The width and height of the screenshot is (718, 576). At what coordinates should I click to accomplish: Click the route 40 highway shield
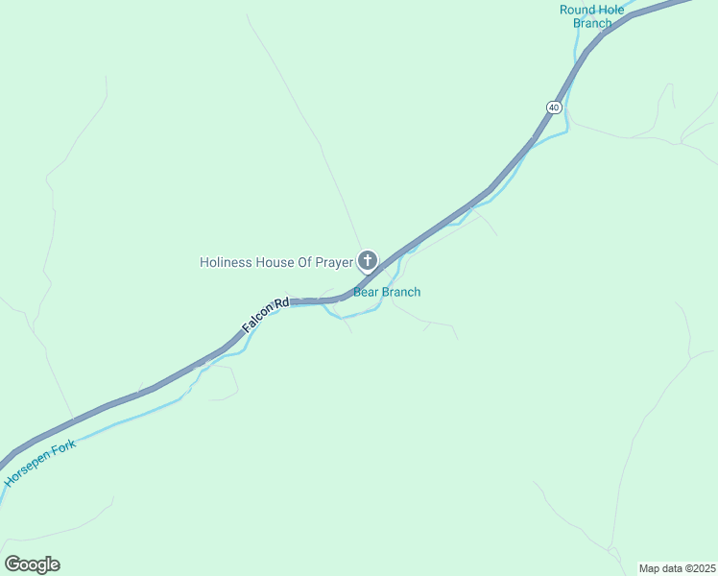click(x=554, y=107)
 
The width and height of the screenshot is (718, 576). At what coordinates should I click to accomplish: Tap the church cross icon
click(x=367, y=260)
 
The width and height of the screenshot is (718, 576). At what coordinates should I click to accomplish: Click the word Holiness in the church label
click(x=226, y=261)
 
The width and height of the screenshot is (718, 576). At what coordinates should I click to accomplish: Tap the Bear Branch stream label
click(x=387, y=292)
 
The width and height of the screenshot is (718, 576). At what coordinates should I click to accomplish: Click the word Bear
click(x=367, y=292)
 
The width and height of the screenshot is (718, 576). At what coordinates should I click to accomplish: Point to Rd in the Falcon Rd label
click(x=281, y=303)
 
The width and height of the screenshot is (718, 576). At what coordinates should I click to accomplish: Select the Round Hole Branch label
click(x=592, y=16)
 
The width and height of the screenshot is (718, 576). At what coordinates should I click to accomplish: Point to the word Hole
click(x=611, y=10)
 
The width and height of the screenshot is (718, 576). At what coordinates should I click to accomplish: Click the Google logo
click(x=33, y=564)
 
